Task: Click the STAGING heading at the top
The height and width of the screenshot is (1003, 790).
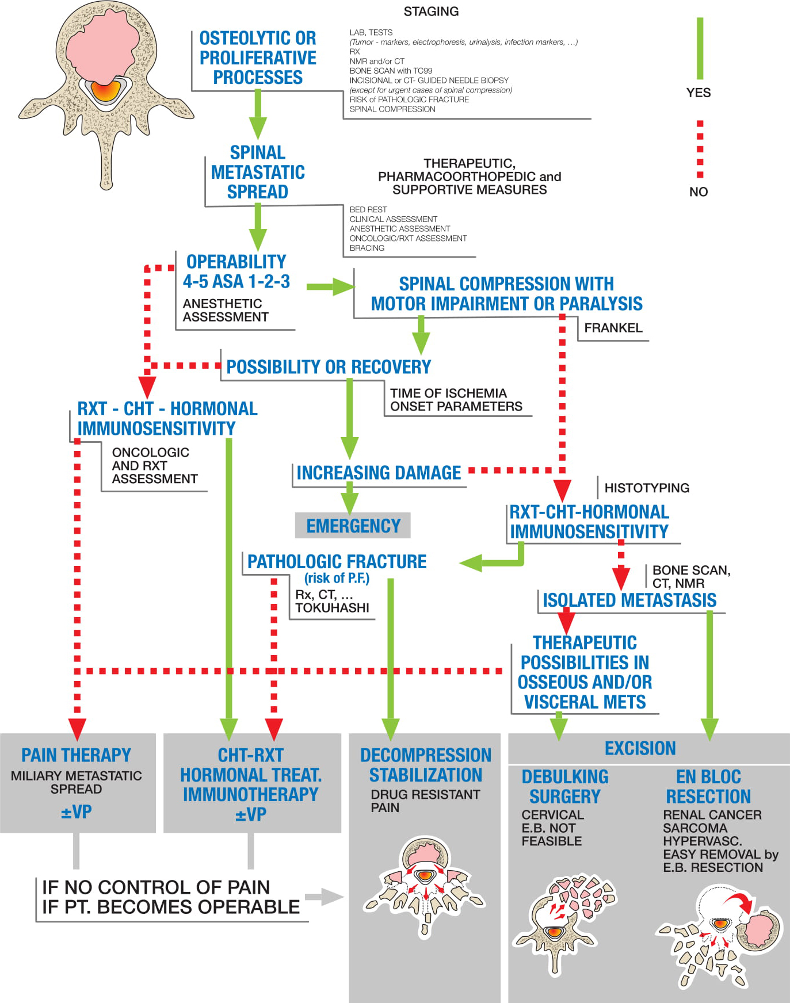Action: click(x=431, y=12)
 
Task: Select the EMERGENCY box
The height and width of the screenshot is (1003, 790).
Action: click(x=353, y=526)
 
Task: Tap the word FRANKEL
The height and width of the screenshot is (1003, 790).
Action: click(x=613, y=328)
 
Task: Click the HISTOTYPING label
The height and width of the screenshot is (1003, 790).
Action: click(x=647, y=488)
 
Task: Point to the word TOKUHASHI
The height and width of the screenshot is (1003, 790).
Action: click(x=332, y=608)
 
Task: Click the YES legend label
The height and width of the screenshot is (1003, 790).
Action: click(x=699, y=93)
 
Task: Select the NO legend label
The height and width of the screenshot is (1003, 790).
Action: click(x=699, y=192)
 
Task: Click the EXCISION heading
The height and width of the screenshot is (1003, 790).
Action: click(x=640, y=748)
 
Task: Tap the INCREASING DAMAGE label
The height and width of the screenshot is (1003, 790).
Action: click(x=379, y=473)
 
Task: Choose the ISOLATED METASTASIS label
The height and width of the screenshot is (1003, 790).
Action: click(x=629, y=600)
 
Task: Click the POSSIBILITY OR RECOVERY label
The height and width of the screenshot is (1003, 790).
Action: click(x=329, y=367)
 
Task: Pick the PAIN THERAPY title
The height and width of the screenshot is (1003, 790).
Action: click(x=76, y=755)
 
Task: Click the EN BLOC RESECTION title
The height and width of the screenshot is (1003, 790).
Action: click(x=708, y=786)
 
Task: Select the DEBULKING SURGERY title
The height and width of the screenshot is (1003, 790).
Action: click(x=564, y=786)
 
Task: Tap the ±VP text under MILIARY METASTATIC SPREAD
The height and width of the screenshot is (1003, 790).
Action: click(x=76, y=812)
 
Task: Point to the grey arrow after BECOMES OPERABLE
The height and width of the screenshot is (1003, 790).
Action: click(x=325, y=897)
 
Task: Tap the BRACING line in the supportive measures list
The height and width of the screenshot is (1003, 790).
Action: click(x=367, y=248)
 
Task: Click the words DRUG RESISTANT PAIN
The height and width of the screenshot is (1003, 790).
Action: click(x=425, y=801)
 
